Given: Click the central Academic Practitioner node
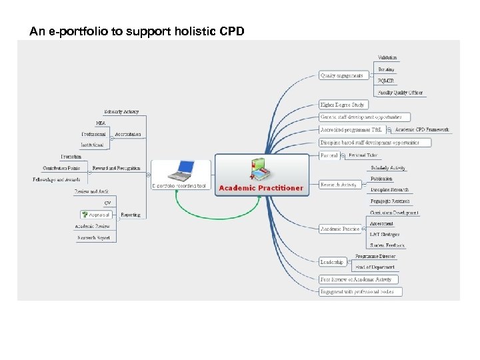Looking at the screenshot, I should (261, 187).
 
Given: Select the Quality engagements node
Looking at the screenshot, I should (342, 75).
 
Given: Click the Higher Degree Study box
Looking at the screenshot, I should (342, 105).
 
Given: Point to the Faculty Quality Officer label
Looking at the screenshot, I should (400, 93).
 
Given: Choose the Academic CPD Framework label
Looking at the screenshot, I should (422, 129).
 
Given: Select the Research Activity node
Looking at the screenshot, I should (339, 184).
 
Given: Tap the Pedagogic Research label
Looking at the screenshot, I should (390, 201).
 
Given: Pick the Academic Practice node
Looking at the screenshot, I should (340, 229).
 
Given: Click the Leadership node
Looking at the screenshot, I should (331, 262).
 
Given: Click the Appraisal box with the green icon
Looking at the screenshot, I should (96, 215).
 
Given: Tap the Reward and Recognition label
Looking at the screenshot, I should (116, 168).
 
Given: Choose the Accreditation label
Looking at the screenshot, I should (127, 134).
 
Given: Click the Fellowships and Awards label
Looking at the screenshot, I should (57, 179).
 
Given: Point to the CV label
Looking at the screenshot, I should (107, 203).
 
